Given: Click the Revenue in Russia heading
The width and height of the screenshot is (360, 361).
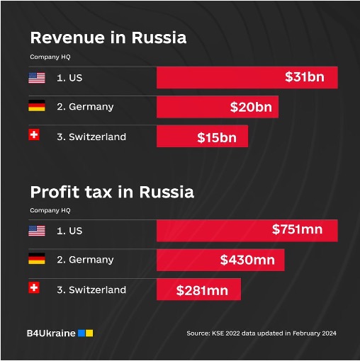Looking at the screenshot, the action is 108,38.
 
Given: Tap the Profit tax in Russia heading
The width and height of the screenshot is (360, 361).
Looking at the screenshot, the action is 112,192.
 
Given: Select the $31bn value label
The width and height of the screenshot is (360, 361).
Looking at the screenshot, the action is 305,77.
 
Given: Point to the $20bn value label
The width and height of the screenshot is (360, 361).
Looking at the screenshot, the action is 251,107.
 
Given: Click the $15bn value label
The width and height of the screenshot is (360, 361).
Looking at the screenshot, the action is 217,137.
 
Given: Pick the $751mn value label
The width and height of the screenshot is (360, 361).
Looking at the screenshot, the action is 297,229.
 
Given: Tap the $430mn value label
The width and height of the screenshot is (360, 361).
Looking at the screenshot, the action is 247,260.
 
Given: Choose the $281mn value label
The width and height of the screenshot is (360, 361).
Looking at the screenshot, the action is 202,290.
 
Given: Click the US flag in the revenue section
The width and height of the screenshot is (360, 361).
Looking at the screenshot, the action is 37,78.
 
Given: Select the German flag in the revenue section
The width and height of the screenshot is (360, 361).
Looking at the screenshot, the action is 37,105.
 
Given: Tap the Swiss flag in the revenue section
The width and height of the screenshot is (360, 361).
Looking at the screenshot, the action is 34,134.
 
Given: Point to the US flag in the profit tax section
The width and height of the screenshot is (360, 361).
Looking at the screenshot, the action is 37,231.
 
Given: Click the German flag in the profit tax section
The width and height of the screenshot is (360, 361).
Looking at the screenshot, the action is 37,258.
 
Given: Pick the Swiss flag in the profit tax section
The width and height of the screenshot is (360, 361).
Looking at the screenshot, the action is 34,287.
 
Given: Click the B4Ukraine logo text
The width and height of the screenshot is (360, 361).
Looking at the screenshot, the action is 51,333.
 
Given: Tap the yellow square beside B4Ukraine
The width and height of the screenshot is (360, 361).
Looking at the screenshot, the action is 89,333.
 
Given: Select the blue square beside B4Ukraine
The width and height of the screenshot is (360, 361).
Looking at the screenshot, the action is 81,333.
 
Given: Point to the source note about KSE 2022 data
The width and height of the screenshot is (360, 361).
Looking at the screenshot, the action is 261,333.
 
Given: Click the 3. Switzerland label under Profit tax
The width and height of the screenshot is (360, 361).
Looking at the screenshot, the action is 91,290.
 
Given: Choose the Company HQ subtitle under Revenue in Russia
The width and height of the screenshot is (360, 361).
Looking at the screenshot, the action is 50,57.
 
